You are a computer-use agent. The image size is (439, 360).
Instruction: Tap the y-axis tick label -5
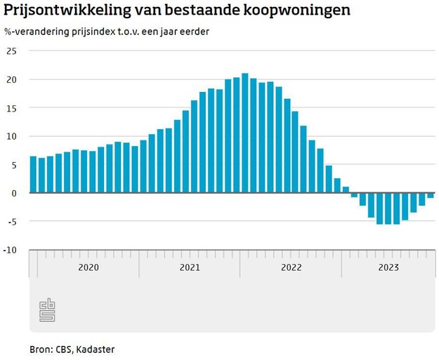pyautogui.click(x=11, y=221)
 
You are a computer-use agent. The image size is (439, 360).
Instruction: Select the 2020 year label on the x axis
pyautogui.click(x=88, y=267)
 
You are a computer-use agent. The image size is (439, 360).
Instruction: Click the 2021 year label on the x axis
pyautogui.click(x=190, y=267)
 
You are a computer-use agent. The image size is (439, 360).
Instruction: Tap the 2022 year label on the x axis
pyautogui.click(x=291, y=267)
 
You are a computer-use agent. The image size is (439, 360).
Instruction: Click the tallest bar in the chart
pyautogui.click(x=245, y=133)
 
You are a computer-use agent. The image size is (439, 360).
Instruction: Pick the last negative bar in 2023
pyautogui.click(x=430, y=195)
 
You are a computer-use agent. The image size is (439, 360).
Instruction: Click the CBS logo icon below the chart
pyautogui.click(x=47, y=309)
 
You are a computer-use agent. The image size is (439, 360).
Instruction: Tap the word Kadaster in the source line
pyautogui.click(x=95, y=349)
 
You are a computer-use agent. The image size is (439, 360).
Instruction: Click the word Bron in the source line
pyautogui.click(x=39, y=349)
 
